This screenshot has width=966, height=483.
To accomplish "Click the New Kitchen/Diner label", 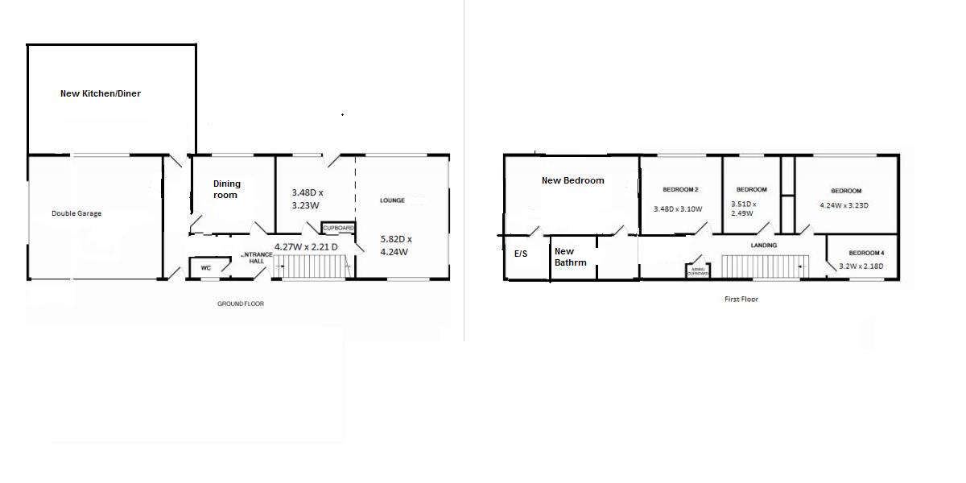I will tap(101, 93).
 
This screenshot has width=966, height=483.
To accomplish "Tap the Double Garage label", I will tap(76, 213).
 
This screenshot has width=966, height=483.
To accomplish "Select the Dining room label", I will tap(226, 189).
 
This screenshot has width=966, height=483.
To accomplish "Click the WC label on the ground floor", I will tap(205, 268).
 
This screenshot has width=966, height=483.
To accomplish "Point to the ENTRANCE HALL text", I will tap(257, 258).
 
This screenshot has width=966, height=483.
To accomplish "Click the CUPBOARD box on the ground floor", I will tap(338, 228).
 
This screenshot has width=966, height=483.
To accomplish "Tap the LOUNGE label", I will tap(392, 200).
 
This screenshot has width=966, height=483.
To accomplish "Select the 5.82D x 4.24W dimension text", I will tap(396, 245).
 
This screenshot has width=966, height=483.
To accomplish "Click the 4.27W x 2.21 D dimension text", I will tap(306, 247).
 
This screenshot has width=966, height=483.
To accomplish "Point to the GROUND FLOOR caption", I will tap(241, 303).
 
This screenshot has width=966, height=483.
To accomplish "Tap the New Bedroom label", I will tap(572, 180).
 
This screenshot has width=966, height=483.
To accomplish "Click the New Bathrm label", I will tap(570, 257).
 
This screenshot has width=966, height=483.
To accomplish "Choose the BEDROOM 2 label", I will tap(680, 190).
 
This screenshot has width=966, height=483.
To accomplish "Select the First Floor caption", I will tap(741, 299).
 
